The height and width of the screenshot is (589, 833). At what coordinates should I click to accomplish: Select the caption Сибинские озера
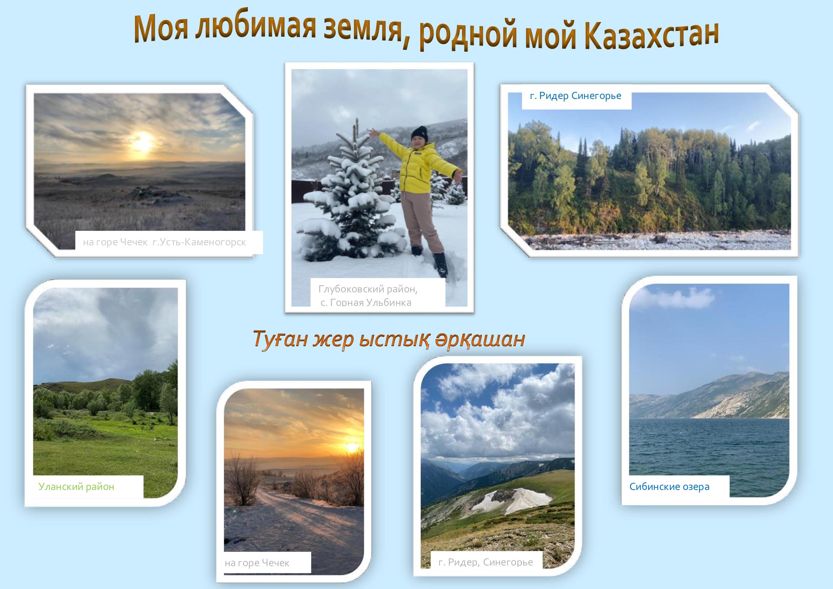coord(670,487)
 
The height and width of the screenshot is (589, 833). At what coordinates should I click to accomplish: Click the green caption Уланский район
coord(76,487)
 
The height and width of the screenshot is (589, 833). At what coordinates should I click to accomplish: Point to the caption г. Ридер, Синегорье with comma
coord(485,562)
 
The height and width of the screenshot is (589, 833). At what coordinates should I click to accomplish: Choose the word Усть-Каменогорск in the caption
coord(199,242)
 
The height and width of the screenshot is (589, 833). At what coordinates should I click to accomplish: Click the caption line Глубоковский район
coord(368,289)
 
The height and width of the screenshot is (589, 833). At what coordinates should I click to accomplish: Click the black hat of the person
coord(420,133)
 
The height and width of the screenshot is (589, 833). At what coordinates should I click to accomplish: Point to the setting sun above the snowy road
coord(351,448)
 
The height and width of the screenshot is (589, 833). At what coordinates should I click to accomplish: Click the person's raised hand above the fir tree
coord(373,133)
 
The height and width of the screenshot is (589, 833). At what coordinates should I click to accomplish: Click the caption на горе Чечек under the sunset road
coord(257,563)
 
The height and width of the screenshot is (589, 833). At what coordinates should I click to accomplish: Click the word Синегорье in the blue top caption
coord(596,96)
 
